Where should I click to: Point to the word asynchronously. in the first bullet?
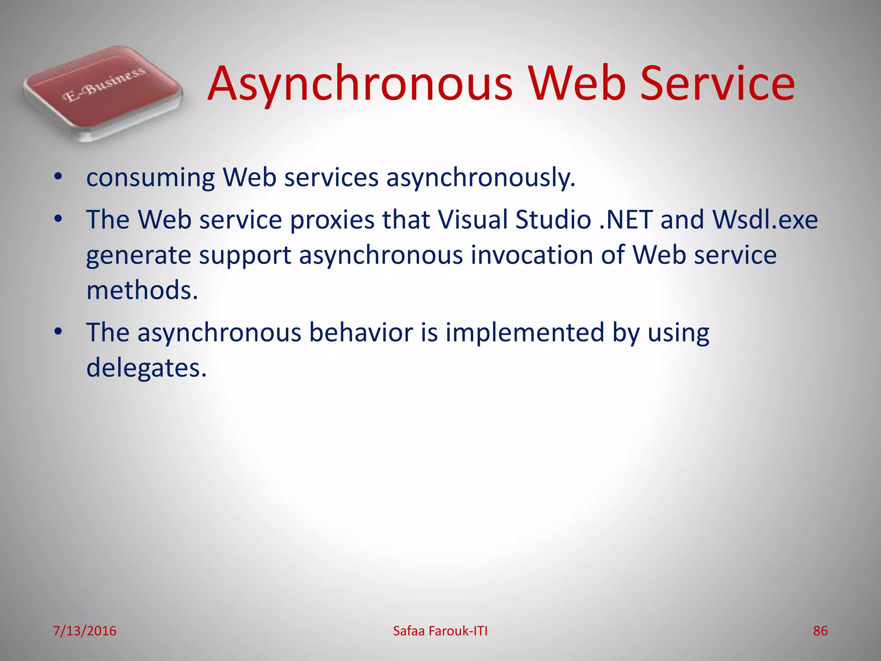481,178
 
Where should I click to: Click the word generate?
139,256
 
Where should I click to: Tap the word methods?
142,290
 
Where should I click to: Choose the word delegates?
146,368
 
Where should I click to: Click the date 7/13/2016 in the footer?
85,631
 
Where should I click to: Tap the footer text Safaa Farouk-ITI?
440,631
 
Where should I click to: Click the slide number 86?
820,631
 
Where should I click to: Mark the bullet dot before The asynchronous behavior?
59,332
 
